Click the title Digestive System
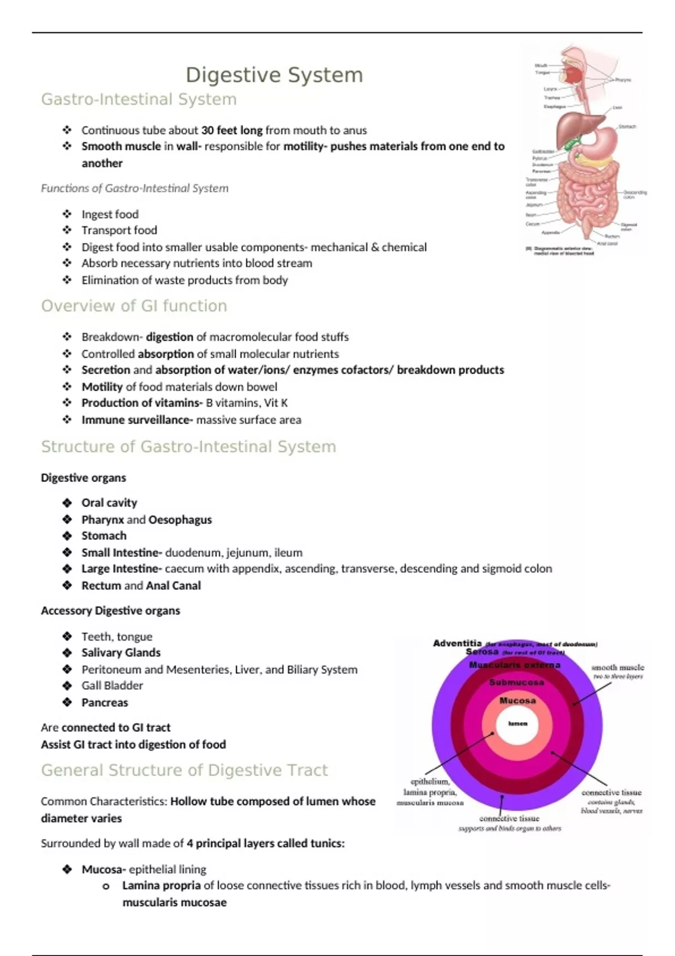(274, 75)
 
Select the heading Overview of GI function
(134, 305)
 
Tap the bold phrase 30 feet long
(232, 130)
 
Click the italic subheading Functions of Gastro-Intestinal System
(134, 188)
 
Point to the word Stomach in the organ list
(104, 536)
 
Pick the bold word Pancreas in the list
(105, 702)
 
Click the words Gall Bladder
(112, 686)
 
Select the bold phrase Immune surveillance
(136, 420)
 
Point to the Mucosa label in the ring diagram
(517, 701)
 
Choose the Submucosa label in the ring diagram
(516, 682)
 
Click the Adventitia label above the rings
(457, 643)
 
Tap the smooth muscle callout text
(618, 668)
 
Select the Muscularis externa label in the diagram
(515, 665)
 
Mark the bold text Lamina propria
(161, 886)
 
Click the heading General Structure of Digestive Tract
(184, 770)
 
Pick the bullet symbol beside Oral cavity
(67, 503)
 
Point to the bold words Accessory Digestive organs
(110, 611)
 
